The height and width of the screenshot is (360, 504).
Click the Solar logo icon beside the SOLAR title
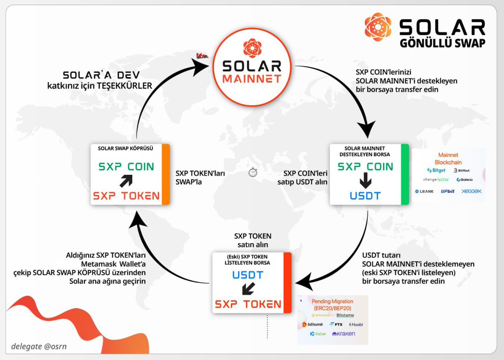pyautogui.click(x=378, y=27)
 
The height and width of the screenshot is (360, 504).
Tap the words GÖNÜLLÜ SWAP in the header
pyautogui.click(x=442, y=43)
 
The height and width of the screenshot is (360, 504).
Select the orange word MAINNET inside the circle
pyautogui.click(x=252, y=79)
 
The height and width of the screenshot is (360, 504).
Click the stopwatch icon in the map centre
pyautogui.click(x=252, y=173)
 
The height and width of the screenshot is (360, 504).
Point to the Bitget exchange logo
pyautogui.click(x=436, y=171)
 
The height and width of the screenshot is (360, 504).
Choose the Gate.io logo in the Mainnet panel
pyautogui.click(x=466, y=180)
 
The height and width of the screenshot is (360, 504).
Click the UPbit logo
pyautogui.click(x=448, y=191)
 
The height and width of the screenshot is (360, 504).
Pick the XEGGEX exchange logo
pyautogui.click(x=471, y=191)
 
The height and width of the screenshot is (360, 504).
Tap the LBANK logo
pyautogui.click(x=424, y=191)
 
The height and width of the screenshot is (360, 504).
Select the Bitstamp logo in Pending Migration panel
pyautogui.click(x=345, y=315)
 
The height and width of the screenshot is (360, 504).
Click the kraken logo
pyautogui.click(x=344, y=334)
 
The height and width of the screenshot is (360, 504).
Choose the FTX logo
pyautogui.click(x=336, y=324)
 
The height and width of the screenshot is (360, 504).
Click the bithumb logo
pyautogui.click(x=312, y=324)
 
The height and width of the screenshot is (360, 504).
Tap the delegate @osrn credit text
pyautogui.click(x=39, y=347)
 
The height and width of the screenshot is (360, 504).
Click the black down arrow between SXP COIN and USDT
pyautogui.click(x=365, y=181)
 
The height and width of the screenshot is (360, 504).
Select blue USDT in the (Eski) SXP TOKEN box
pyautogui.click(x=248, y=276)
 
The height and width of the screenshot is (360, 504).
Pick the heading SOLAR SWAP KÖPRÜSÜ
pyautogui.click(x=126, y=149)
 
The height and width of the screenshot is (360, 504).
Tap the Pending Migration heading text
pyautogui.click(x=332, y=302)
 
